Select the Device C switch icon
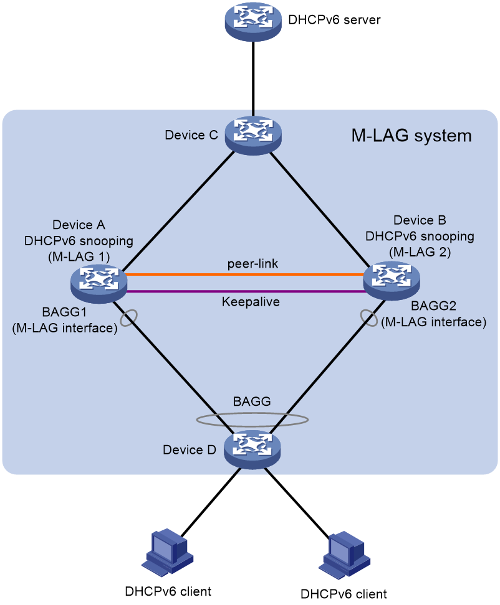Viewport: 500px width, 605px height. click(253, 135)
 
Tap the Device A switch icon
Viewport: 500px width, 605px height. click(99, 284)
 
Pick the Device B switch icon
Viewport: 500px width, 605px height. click(392, 281)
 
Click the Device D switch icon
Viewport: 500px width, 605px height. click(252, 450)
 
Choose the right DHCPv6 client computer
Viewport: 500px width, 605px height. click(344, 555)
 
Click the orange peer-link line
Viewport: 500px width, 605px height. click(246, 274)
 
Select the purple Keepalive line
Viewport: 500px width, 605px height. click(246, 291)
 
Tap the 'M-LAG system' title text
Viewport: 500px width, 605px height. click(411, 136)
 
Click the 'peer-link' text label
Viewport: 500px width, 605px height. click(252, 264)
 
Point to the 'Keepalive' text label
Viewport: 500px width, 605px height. click(251, 302)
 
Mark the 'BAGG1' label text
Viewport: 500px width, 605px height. click(64, 312)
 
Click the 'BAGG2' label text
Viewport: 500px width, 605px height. click(433, 306)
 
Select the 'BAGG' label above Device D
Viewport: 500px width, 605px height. click(252, 401)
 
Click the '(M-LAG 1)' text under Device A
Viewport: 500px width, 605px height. click(79, 257)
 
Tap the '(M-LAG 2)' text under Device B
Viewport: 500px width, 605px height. click(420, 252)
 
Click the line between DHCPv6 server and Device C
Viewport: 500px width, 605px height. click(253, 78)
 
